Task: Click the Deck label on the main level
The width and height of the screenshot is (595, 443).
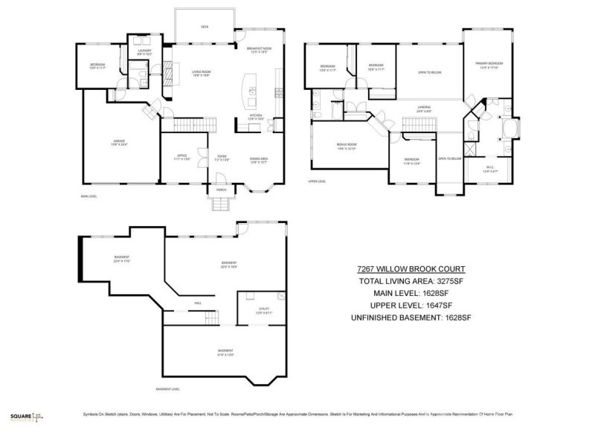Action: point(205,27)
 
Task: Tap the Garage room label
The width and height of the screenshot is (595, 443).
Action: point(119,142)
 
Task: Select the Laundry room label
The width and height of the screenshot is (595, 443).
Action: point(144,52)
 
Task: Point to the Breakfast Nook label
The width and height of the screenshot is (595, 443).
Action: point(258,50)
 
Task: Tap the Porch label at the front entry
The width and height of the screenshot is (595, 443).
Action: point(221,190)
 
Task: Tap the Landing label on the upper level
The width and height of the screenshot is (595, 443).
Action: point(425,109)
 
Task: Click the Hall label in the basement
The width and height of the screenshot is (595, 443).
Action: point(198,303)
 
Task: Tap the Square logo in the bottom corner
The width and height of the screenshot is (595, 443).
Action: point(21,417)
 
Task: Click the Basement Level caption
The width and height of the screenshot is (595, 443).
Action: point(168,389)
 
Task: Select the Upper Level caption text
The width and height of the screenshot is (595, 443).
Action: point(317,181)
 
